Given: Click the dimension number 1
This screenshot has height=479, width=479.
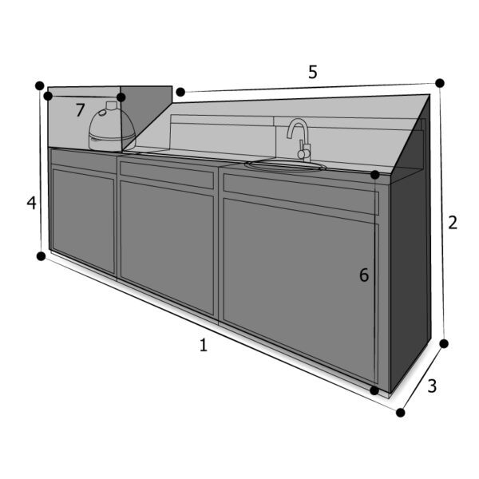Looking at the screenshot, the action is tap(204, 345).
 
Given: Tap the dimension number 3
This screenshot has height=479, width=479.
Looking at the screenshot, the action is tap(432, 386).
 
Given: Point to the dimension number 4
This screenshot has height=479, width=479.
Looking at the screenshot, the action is tap(31, 203).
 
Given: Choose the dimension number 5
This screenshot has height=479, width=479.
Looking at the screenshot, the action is tap(313, 72).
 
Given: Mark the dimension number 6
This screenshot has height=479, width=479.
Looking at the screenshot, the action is tap(364, 275).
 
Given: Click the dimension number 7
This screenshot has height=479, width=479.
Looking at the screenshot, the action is tap(80, 110).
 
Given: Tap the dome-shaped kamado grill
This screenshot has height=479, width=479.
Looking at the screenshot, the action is tap(112, 127).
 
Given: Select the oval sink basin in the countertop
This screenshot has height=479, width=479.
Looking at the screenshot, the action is tap(285, 166).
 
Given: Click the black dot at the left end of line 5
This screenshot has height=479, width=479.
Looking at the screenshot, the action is tap(180, 92).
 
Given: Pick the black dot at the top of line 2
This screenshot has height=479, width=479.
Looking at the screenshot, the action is tap(440, 83).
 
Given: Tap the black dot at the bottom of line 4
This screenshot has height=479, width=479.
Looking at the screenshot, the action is tap(41, 256).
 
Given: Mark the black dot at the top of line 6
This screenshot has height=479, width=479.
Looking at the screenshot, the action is tap(375, 175).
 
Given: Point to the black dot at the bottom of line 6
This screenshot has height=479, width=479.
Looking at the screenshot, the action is tap(374, 390).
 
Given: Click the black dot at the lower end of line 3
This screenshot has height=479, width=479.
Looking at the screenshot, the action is tap(401, 413).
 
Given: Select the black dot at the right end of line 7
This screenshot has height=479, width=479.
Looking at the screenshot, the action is tap(121, 97).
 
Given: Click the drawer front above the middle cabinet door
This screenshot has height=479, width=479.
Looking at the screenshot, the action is tap(167, 175).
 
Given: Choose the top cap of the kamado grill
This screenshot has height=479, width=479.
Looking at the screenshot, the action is tap(112, 105).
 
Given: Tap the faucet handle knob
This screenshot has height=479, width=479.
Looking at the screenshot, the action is tap(302, 154).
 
